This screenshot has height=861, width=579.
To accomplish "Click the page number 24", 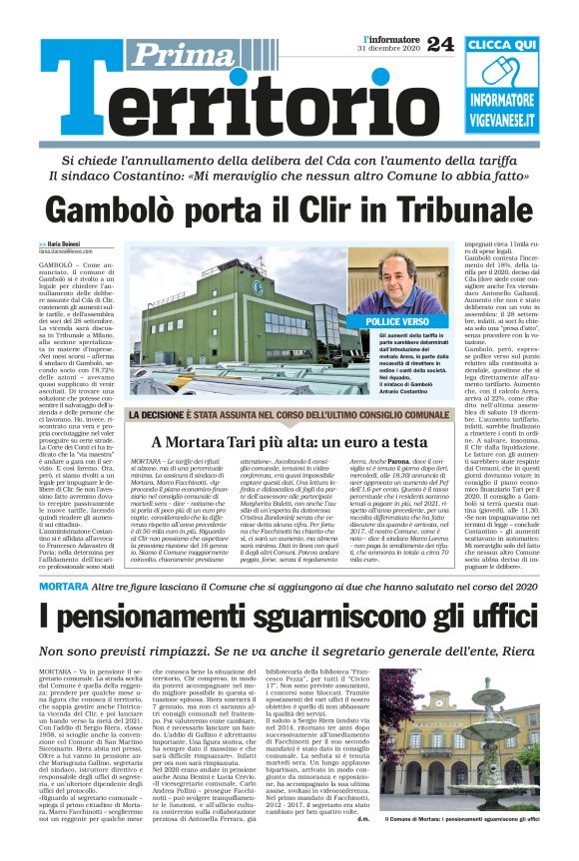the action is (x=440, y=43).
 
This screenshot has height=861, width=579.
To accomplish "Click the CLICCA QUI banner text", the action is (x=515, y=46).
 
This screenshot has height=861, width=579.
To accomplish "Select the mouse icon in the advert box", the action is (x=516, y=75).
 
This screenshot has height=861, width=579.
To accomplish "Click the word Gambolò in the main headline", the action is (x=111, y=212).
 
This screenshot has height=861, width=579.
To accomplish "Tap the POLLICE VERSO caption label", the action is (x=396, y=323).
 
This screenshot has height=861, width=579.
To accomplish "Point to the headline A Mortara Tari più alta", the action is (x=276, y=442).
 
